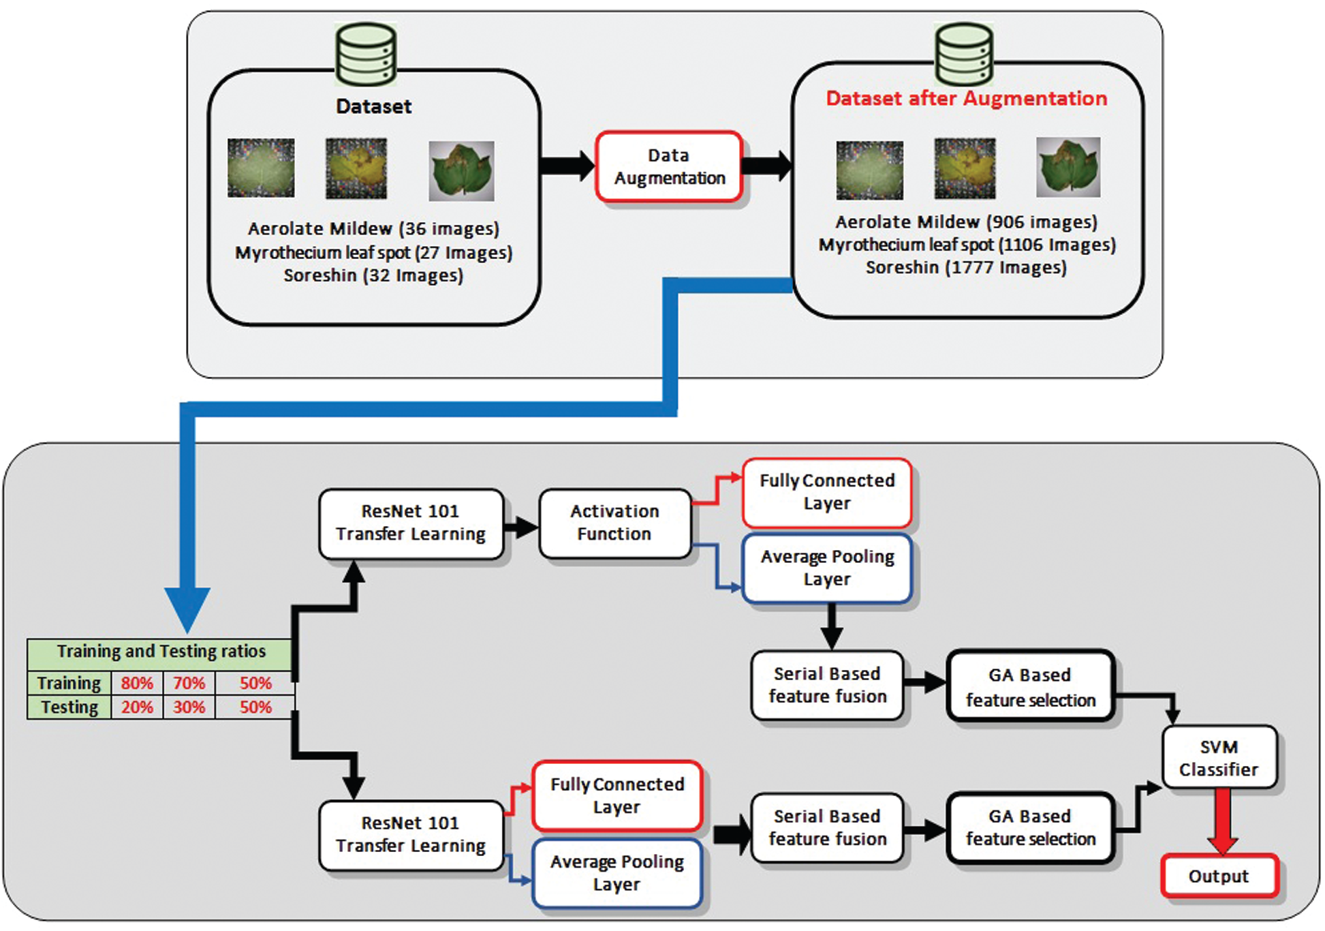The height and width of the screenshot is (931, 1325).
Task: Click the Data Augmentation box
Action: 668,167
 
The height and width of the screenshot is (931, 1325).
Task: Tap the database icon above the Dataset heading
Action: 366,55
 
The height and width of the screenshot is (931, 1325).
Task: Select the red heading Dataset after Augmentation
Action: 966,99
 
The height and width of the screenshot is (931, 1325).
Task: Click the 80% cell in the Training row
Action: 137,683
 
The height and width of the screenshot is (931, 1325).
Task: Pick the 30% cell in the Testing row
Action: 189,707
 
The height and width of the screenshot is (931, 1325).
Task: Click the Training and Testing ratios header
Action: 161,652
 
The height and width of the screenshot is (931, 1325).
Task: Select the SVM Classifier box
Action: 1218,758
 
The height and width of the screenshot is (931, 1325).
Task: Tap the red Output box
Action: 1218,876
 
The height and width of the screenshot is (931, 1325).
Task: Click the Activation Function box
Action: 614,523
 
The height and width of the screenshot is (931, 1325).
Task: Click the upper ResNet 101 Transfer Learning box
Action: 411,523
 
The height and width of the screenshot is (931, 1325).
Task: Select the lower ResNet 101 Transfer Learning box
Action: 411,834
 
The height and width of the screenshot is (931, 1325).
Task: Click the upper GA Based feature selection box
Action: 1030,687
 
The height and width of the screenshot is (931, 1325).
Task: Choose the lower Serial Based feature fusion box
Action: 827,827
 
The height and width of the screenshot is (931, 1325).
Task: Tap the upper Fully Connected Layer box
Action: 827,492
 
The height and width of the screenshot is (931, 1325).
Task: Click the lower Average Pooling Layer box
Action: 617,873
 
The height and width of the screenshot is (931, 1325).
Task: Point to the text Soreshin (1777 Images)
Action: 965,267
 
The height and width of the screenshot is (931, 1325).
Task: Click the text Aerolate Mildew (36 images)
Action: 373,228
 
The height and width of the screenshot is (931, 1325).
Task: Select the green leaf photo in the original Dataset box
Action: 461,170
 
